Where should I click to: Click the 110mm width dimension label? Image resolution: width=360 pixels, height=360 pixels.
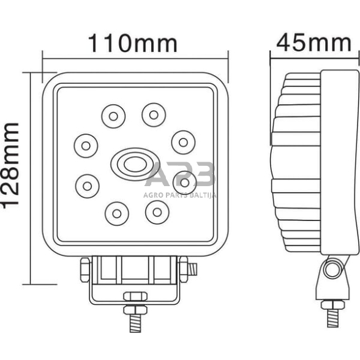(x=133, y=43)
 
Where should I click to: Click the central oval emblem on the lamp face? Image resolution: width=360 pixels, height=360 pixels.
(x=129, y=163)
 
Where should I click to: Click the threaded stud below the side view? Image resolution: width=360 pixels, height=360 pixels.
(x=333, y=318)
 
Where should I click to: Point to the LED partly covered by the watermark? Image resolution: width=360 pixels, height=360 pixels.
(x=182, y=181)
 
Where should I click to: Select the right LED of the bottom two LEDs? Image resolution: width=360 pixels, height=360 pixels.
(x=157, y=211)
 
